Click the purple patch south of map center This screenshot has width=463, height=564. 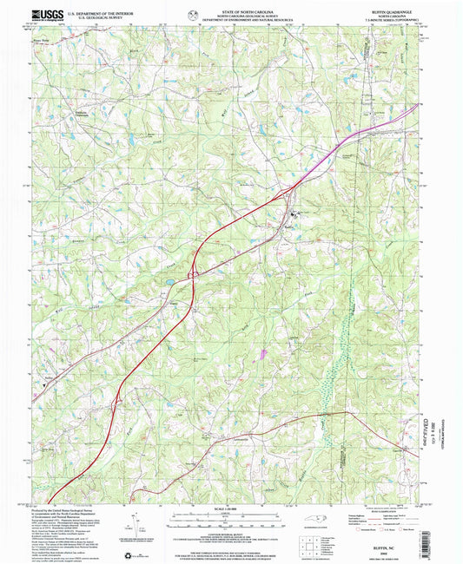261,352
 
